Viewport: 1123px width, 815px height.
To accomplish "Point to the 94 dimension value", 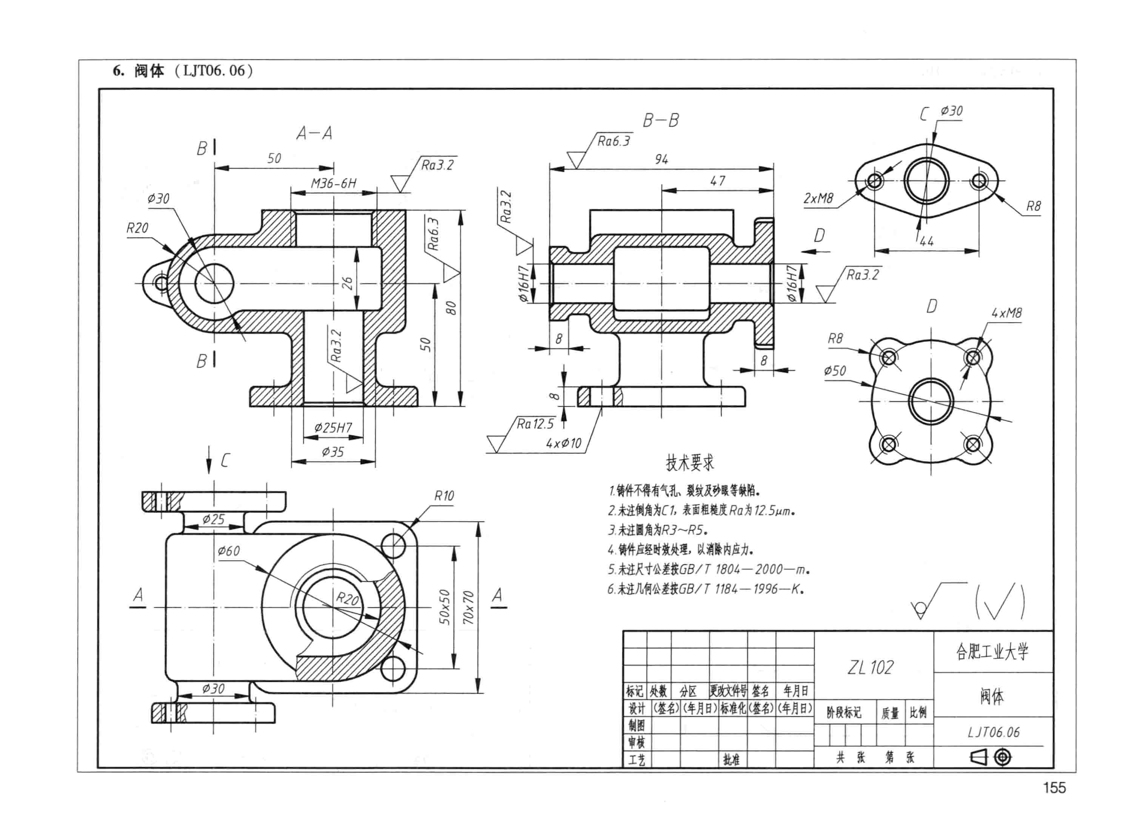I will coord(661,159).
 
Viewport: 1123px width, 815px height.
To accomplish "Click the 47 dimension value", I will coord(717,181).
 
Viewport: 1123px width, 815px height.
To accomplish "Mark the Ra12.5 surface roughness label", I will coord(535,424).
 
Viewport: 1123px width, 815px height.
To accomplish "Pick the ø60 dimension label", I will coord(229,551).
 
